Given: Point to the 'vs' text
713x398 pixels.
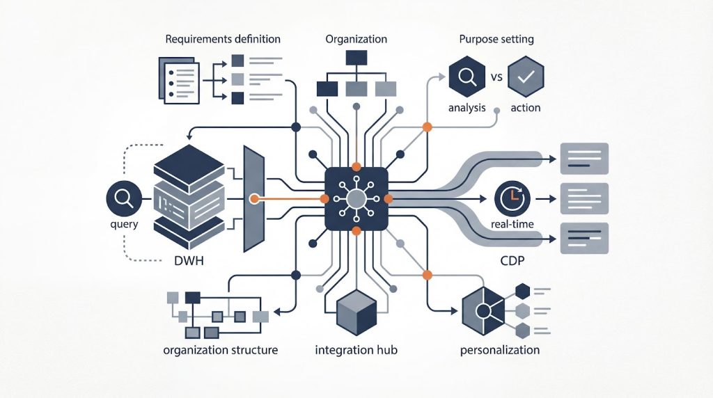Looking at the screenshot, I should (x=496, y=77).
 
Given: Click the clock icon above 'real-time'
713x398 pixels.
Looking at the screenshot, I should (x=512, y=199).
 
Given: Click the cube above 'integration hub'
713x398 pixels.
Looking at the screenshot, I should (x=356, y=311).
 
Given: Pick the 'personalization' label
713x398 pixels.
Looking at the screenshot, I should (x=500, y=349).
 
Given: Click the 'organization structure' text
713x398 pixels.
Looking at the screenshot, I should (x=220, y=349).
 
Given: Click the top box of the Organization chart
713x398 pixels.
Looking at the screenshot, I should (x=356, y=58).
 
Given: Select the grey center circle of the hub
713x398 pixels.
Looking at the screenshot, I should (x=356, y=199).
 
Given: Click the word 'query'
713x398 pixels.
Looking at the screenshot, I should (x=123, y=225).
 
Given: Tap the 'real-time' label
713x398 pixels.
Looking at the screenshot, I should (x=512, y=223).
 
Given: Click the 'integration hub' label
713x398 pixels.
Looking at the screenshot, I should (x=356, y=349).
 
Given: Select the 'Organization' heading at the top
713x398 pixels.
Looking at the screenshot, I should (x=356, y=39).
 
